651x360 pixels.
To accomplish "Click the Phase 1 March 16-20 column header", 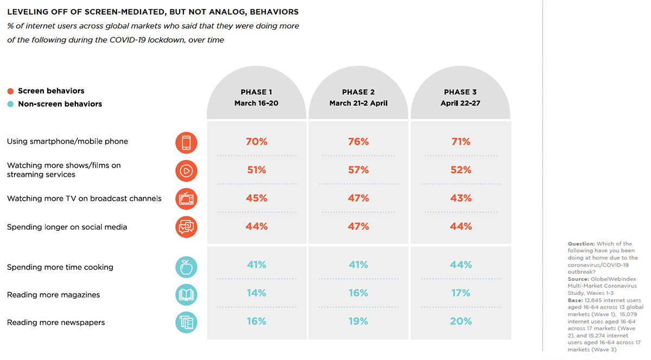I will tap(256, 98).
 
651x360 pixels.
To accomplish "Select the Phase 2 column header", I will tap(358, 98).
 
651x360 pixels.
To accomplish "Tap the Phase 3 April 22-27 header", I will tap(460, 98).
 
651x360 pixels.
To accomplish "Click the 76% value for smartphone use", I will tap(358, 142).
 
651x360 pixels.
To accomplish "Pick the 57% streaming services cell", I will tap(358, 170).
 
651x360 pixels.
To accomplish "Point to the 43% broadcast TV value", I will tap(460, 198).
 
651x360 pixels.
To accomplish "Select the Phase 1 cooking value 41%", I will tap(256, 265).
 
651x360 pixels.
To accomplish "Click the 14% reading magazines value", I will tap(256, 293).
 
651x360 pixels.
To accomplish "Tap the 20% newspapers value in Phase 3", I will tap(460, 322).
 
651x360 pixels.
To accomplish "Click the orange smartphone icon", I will tap(186, 143).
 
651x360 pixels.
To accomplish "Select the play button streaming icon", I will tap(186, 171).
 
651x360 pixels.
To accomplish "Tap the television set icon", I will tap(186, 199).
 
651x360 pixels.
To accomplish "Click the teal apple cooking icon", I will tap(186, 267).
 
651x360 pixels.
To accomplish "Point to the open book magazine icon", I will tap(186, 295).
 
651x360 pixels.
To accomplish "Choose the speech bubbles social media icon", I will tap(186, 227).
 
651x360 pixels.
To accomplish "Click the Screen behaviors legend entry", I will tap(50, 91).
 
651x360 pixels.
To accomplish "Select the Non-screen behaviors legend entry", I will tap(59, 104).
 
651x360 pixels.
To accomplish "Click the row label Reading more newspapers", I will tap(55, 323).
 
